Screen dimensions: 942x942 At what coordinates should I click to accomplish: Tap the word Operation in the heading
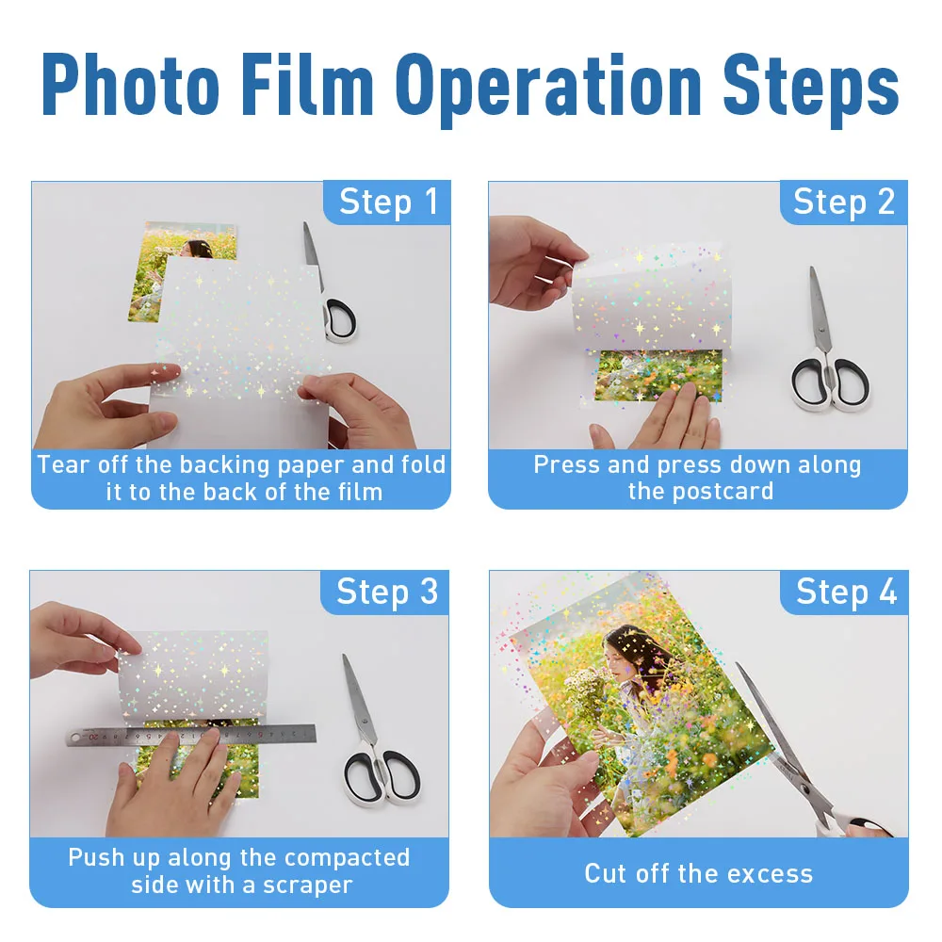click(548, 90)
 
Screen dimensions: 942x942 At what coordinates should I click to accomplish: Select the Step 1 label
click(388, 202)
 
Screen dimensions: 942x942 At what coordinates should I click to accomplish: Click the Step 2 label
click(844, 202)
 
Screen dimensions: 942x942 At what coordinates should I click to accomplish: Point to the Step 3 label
click(387, 593)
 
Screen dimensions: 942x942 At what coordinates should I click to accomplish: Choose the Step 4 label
click(846, 593)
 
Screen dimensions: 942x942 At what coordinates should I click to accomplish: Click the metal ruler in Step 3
click(191, 735)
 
